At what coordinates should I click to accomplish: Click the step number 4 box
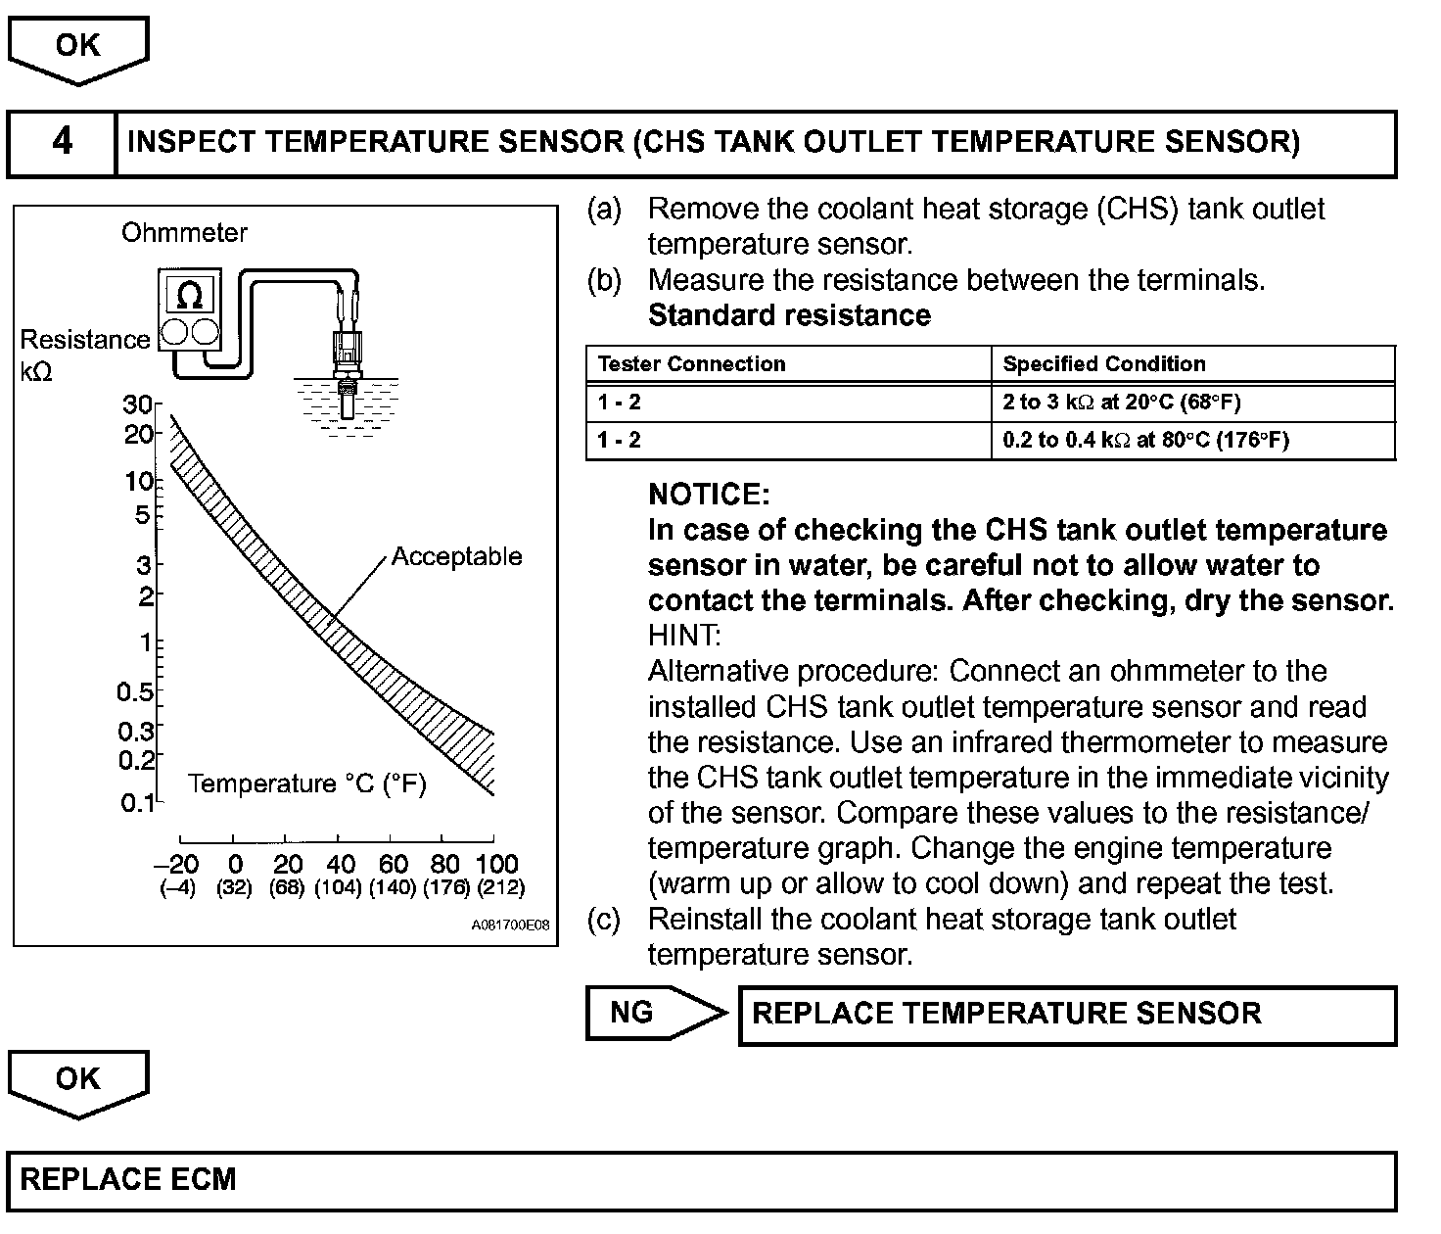click(62, 143)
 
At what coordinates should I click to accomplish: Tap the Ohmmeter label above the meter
click(184, 233)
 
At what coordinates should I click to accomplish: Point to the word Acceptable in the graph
click(456, 557)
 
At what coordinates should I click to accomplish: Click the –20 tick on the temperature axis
click(176, 864)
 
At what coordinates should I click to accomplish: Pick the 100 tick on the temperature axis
click(496, 864)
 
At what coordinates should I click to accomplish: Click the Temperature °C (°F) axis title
click(306, 784)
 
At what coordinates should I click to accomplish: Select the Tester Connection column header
click(691, 364)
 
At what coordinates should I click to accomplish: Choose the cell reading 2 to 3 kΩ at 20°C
click(1122, 403)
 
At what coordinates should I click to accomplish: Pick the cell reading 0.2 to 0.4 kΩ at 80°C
click(1145, 440)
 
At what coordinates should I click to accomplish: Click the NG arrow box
click(654, 1013)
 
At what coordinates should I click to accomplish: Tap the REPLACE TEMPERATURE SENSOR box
click(1066, 1015)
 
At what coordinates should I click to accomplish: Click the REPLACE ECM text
click(128, 1179)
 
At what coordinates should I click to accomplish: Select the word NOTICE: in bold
click(709, 495)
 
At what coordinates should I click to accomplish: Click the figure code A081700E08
click(510, 925)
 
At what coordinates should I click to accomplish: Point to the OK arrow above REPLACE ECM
click(78, 1081)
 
